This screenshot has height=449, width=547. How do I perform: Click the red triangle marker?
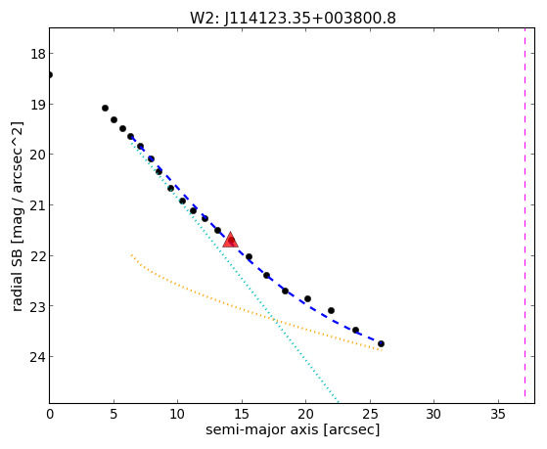pos(230,240)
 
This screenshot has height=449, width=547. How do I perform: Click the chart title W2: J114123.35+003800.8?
pos(293,18)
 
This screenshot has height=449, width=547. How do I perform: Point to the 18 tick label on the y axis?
pos(37,54)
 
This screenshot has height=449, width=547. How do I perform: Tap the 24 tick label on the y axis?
pos(37,357)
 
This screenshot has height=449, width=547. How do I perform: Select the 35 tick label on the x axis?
pos(498,414)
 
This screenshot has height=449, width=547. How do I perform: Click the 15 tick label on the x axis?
pos(242,414)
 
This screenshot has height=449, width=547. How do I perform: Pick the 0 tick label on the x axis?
pos(50,414)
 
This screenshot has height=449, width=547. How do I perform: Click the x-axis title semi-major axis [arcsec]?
pos(293,429)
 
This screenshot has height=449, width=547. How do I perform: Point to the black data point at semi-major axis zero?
pos(50,74)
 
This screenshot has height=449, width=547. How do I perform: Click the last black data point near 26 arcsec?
pos(381,343)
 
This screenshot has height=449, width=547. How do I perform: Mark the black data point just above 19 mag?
pos(105,109)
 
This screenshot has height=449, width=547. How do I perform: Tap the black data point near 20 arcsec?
pos(307,299)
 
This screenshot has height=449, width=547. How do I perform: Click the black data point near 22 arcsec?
pos(331,310)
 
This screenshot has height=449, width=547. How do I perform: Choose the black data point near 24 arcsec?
pos(355,330)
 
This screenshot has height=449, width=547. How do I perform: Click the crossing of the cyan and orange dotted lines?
pos(274,318)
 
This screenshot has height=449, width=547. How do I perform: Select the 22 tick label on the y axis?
pos(37,256)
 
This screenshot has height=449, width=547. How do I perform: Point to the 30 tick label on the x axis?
pos(433,414)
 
